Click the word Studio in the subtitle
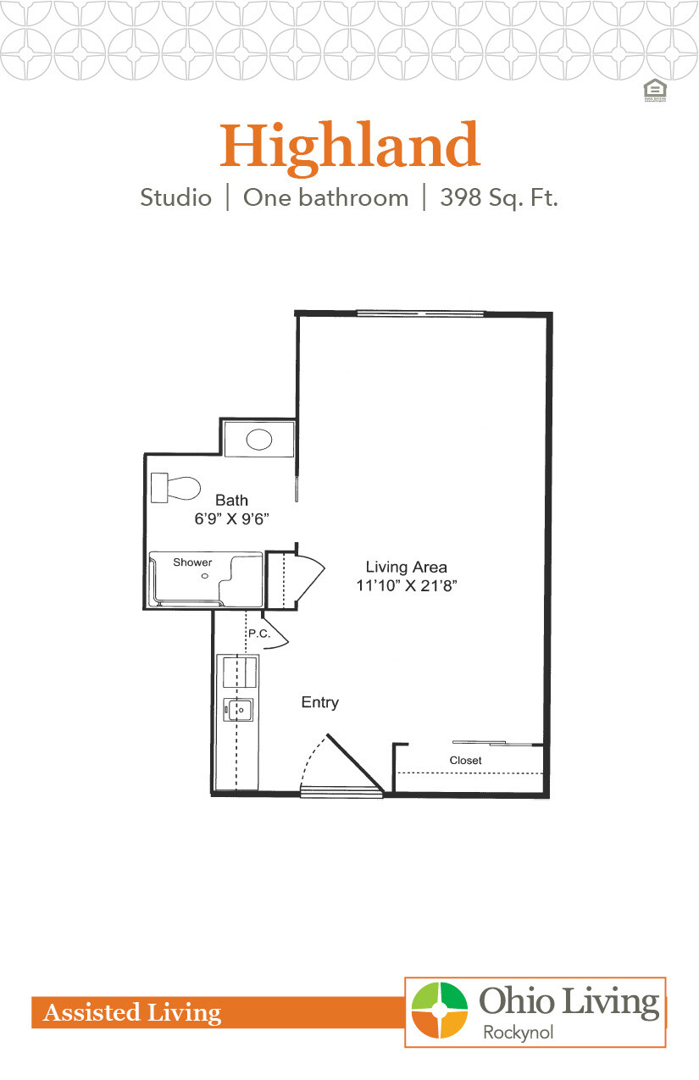176,198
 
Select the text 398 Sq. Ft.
499,198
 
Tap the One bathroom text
325,198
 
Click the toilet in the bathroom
176,488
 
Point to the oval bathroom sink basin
258,439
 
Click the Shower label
192,562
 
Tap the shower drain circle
204,576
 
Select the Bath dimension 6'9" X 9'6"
231,519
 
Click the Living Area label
406,567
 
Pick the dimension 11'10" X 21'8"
406,584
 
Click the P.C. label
258,633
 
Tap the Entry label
320,702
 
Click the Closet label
465,761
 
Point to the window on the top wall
420,313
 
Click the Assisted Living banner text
132,1012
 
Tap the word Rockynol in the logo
518,1032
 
